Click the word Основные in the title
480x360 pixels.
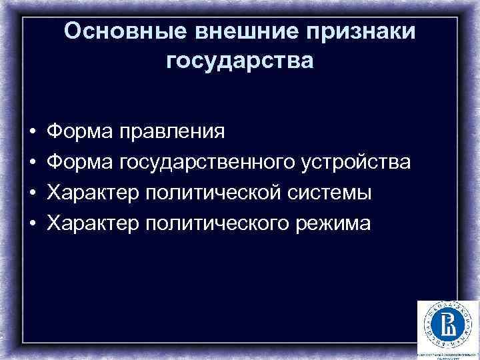pos(119,31)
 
